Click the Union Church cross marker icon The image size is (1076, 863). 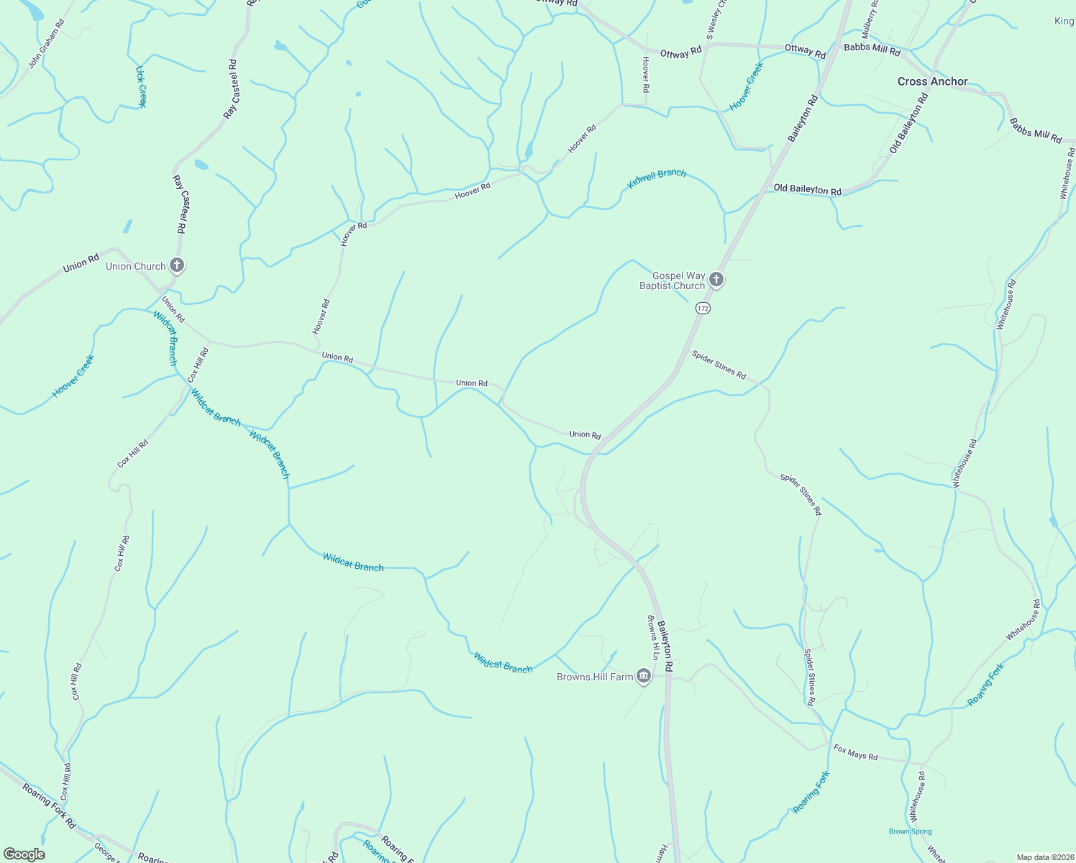click(177, 265)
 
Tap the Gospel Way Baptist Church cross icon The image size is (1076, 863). click(716, 279)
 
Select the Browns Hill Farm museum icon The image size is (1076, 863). click(644, 676)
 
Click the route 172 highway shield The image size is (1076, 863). click(703, 308)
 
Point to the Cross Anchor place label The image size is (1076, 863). click(932, 81)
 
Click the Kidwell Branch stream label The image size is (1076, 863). click(657, 179)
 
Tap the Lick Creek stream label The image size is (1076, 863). click(141, 87)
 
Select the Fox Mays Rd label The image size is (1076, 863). click(856, 753)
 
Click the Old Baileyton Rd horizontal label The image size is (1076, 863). click(807, 190)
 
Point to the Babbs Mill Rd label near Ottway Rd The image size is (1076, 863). click(872, 50)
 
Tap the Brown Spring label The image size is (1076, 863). click(910, 831)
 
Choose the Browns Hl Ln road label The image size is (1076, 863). click(652, 637)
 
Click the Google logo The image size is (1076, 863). click(24, 854)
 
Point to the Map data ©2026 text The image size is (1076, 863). click(1044, 857)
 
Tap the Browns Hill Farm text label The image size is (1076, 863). click(595, 677)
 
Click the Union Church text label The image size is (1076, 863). click(135, 266)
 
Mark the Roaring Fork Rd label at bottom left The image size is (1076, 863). click(49, 806)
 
